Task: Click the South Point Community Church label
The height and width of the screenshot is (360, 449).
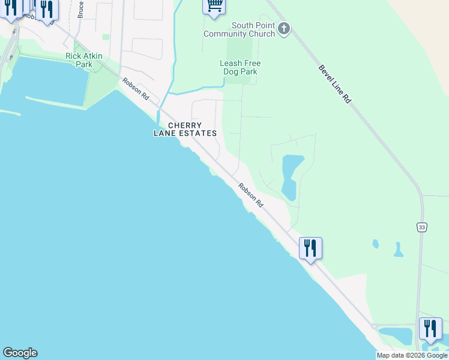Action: coord(239,29)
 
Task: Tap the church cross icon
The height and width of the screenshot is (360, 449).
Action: coord(284,28)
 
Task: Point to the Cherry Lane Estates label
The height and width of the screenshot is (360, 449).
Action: coord(184,129)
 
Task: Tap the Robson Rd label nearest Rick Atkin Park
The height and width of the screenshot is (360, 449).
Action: coord(136,89)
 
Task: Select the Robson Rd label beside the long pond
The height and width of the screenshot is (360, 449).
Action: coord(250,196)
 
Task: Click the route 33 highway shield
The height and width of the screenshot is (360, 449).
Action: coord(422,227)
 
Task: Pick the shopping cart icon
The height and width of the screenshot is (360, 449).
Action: coord(214,5)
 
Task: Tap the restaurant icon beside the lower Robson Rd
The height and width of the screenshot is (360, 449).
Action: coord(310,247)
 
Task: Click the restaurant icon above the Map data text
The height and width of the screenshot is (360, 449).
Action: coord(430,328)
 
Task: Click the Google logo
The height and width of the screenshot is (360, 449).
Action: coord(20,353)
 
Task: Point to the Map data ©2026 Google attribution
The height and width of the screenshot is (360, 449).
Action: coord(412,355)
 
